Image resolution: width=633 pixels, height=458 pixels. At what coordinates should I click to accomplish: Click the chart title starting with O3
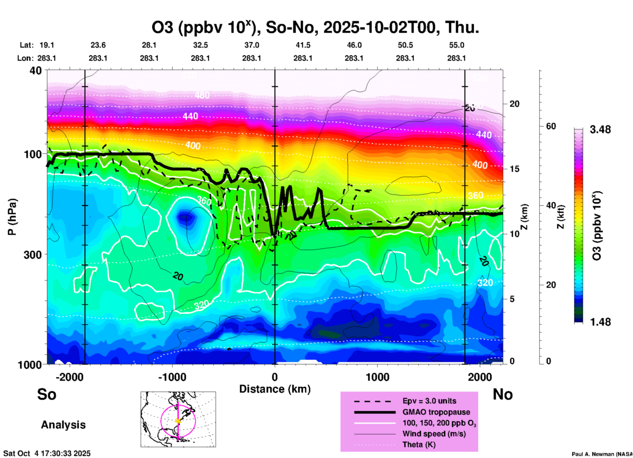tap(315, 28)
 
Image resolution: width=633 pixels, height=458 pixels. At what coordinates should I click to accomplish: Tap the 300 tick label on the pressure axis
tap(33, 255)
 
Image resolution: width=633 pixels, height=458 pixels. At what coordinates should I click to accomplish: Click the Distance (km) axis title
tap(275, 389)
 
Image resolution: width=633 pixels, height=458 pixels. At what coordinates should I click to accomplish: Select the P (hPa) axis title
tap(12, 217)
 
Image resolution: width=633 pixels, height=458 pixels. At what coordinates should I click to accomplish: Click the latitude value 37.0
tap(251, 45)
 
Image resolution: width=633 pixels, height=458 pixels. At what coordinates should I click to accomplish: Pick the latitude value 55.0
tap(457, 45)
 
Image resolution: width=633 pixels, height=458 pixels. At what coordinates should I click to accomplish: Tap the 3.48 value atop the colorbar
tap(600, 129)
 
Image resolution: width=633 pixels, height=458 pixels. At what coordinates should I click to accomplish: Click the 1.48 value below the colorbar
tap(600, 322)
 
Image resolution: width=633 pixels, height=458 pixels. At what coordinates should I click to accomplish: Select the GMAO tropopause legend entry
tap(436, 412)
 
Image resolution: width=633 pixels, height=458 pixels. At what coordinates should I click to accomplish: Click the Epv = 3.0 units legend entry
tap(429, 401)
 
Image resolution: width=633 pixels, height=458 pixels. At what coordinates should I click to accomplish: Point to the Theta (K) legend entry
tap(419, 445)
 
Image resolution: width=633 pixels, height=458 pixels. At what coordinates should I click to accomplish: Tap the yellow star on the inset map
tap(178, 421)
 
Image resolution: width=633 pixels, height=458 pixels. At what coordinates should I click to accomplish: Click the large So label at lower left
tap(47, 394)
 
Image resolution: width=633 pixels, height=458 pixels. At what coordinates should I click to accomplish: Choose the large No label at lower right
tap(503, 394)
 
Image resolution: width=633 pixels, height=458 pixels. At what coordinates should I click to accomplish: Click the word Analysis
tap(63, 425)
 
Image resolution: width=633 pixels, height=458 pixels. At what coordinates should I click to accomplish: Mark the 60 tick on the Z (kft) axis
tap(551, 126)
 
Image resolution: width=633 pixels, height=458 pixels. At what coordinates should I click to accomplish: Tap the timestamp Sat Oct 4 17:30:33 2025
tap(47, 453)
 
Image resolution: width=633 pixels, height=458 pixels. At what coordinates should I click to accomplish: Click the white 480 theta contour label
tap(202, 95)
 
